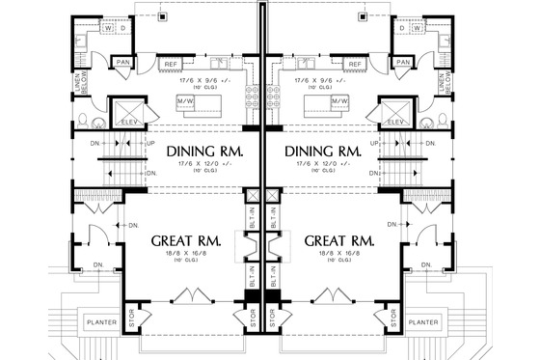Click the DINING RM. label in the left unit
202,152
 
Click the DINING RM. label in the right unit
321,152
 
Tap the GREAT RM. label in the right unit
337,239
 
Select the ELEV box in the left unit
127,113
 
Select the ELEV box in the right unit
395,113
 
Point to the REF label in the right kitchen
354,64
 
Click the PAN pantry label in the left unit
123,64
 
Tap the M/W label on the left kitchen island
185,100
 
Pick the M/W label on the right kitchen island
338,100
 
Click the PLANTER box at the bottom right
423,322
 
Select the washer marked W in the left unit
107,28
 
